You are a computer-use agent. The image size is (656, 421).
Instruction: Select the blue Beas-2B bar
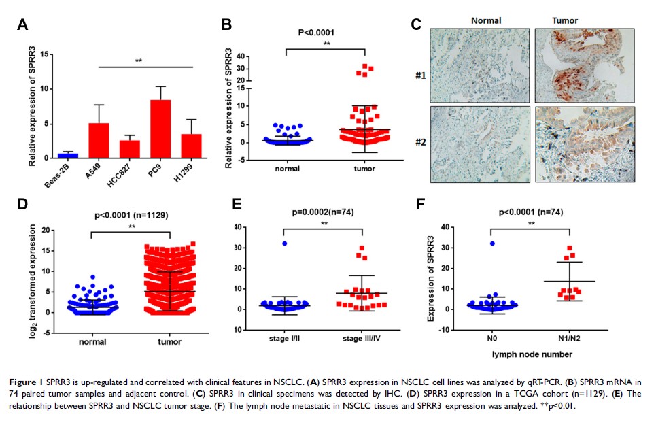click(67, 156)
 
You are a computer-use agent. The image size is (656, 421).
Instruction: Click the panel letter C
click(417, 25)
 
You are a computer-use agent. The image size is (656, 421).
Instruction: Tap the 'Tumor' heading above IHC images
click(565, 20)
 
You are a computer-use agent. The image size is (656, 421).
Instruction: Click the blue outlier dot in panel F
click(491, 243)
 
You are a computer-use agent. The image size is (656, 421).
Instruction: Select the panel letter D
click(22, 204)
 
